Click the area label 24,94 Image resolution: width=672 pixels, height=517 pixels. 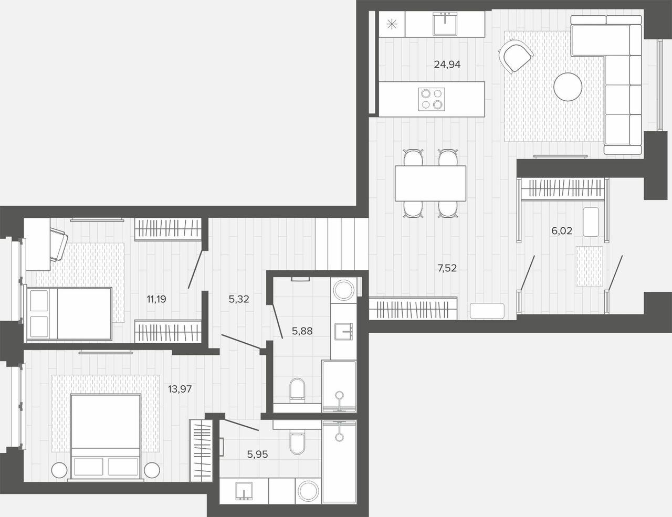[x=447, y=64]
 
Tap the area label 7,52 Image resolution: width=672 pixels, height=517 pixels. [x=447, y=268]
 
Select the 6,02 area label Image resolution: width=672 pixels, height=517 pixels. [x=562, y=230]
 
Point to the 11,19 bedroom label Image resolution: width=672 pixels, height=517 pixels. [x=156, y=299]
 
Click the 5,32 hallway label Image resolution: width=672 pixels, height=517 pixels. [x=239, y=299]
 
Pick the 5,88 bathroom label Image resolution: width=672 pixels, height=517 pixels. [x=302, y=331]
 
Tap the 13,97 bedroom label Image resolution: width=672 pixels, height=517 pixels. [x=180, y=389]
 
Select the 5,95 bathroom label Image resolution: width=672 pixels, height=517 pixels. [x=257, y=454]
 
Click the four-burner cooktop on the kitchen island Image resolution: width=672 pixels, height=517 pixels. [x=432, y=99]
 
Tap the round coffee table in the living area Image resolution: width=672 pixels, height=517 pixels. [x=568, y=87]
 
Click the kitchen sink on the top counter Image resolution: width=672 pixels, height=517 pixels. [x=445, y=24]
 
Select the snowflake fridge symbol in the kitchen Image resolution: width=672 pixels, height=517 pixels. [x=392, y=24]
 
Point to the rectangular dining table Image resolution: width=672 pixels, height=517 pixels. [x=430, y=183]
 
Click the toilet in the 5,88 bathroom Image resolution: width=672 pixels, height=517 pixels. [x=297, y=391]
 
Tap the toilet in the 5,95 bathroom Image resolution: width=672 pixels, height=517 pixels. [x=297, y=442]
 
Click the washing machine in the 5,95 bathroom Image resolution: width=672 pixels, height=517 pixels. [x=308, y=491]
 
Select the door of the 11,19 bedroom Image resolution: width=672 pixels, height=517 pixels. [x=195, y=269]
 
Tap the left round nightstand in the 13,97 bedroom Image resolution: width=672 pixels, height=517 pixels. [x=59, y=470]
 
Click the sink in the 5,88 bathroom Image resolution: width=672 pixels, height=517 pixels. [x=343, y=331]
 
